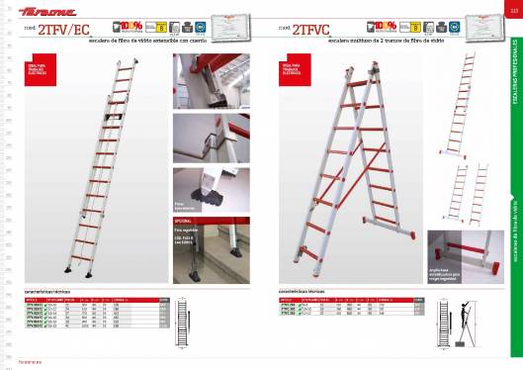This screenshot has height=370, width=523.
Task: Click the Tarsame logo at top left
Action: (40, 12)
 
